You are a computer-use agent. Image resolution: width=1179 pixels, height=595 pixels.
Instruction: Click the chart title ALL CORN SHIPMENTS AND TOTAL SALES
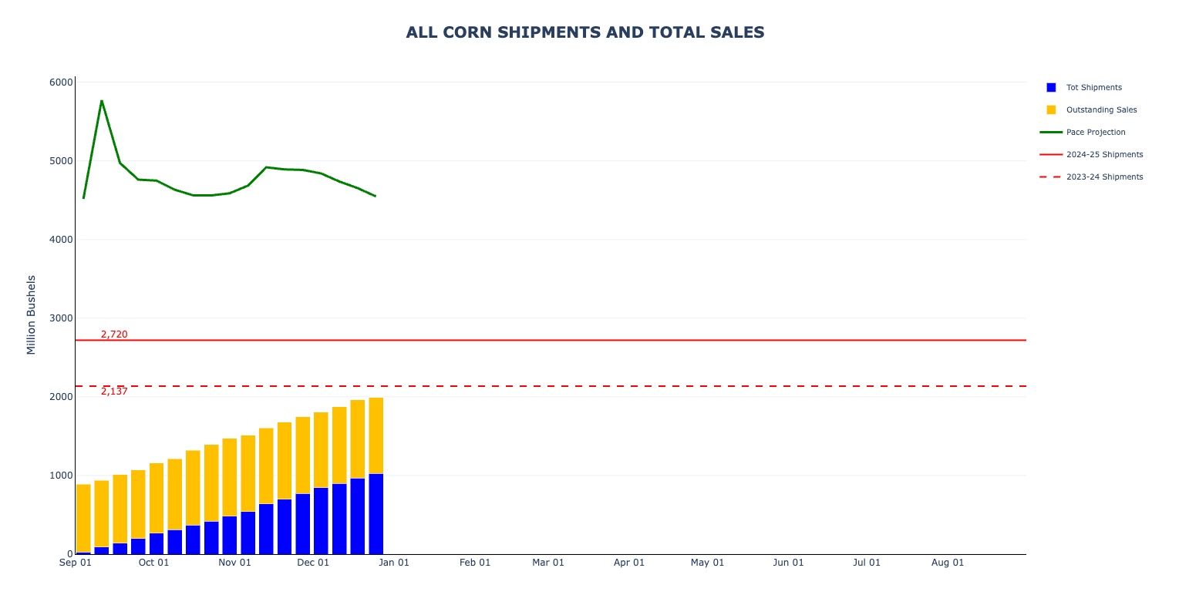pyautogui.click(x=585, y=32)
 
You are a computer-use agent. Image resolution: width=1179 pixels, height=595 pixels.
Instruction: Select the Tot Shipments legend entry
pyautogui.click(x=1093, y=88)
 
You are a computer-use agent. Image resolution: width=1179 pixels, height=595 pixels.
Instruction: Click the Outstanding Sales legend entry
pyautogui.click(x=1101, y=110)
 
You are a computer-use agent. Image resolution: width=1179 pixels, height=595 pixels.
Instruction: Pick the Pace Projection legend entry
pyautogui.click(x=1095, y=133)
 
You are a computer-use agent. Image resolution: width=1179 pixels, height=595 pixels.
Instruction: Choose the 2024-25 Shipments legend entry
pyautogui.click(x=1104, y=155)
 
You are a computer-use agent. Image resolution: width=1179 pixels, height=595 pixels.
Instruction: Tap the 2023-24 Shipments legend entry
pyautogui.click(x=1104, y=177)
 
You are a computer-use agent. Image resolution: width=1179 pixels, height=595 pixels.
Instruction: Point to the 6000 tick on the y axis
pyautogui.click(x=61, y=82)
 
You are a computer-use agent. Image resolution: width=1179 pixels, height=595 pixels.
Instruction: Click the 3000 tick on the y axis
pyautogui.click(x=61, y=318)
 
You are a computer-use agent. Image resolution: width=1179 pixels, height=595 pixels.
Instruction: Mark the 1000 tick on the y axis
pyautogui.click(x=61, y=476)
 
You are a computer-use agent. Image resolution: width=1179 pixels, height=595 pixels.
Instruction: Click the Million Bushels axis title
pyautogui.click(x=32, y=314)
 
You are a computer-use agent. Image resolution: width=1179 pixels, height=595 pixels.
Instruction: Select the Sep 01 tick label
pyautogui.click(x=76, y=563)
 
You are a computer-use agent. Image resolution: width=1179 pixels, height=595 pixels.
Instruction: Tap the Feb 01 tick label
pyautogui.click(x=475, y=563)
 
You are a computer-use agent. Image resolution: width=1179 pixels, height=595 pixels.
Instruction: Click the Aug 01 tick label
pyautogui.click(x=948, y=563)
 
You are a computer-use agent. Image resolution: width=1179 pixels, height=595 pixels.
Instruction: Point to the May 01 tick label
pyautogui.click(x=707, y=563)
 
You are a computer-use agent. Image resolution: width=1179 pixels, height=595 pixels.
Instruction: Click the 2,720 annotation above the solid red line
pyautogui.click(x=114, y=334)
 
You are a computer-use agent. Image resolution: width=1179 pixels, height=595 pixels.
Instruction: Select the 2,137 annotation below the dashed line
pyautogui.click(x=114, y=392)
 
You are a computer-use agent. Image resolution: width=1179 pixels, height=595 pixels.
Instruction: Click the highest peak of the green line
pyautogui.click(x=102, y=101)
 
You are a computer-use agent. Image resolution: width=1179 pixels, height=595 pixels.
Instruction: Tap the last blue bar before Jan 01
pyautogui.click(x=376, y=514)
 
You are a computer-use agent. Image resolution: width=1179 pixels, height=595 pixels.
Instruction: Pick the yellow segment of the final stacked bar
pyautogui.click(x=376, y=435)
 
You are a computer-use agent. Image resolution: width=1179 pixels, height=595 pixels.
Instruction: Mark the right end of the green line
pyautogui.click(x=376, y=196)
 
